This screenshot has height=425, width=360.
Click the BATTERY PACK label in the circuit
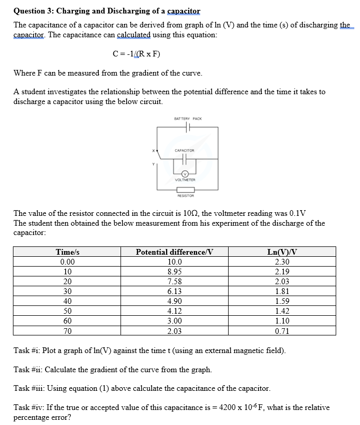188,119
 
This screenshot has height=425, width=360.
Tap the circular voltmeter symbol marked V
185,174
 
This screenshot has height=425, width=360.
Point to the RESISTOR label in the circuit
185,196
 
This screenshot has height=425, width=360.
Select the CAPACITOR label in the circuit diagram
185,150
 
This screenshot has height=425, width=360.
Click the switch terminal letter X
153,151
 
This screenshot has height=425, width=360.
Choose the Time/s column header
67,252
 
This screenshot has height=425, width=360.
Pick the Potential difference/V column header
174,252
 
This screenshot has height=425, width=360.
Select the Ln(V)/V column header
282,252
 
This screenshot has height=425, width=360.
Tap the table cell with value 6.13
174,291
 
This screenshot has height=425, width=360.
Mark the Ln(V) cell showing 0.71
282,331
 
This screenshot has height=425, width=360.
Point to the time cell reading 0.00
67,262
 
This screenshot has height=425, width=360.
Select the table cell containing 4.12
174,311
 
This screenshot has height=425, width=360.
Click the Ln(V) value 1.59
282,301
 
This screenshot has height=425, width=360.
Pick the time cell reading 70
67,331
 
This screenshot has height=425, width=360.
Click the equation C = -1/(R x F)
132,54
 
